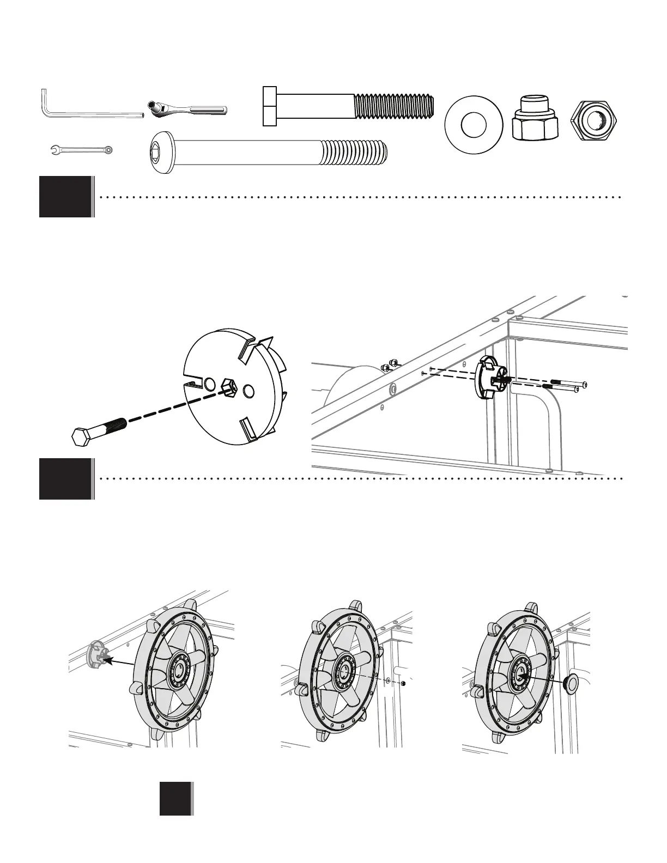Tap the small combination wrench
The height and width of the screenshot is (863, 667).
click(x=81, y=149)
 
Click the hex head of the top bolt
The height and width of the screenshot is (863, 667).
click(x=270, y=106)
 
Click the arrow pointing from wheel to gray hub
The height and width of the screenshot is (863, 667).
click(x=120, y=663)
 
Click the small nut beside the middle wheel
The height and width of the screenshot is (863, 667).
click(x=402, y=683)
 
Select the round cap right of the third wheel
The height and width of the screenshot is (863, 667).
click(x=570, y=685)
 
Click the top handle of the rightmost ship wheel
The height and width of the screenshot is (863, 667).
click(x=530, y=608)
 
